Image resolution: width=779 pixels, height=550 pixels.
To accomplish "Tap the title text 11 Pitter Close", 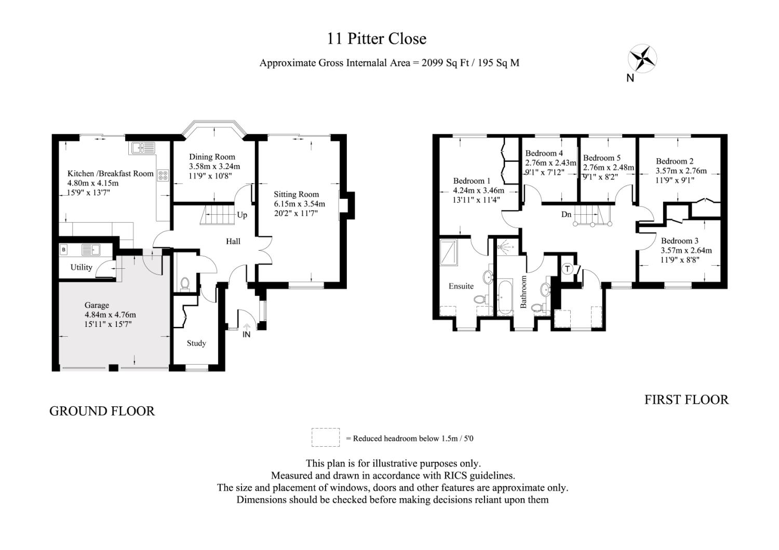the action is point(377,38).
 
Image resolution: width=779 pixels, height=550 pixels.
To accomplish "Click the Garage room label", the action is point(97,305).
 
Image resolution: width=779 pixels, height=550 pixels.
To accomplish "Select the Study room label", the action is point(196,343).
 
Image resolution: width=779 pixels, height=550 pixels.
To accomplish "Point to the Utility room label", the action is point(82,267).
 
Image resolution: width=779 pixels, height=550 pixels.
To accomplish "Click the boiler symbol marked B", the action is point(64,250).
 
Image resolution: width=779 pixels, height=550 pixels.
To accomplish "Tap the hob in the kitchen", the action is point(163,175).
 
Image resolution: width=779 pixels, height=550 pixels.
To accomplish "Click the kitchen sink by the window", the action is point(143,148).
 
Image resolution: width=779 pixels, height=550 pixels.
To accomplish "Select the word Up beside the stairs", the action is point(242,215).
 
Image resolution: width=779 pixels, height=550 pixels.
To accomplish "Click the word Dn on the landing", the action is point(566,214).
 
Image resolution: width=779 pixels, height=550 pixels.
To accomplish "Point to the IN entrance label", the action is point(247,334).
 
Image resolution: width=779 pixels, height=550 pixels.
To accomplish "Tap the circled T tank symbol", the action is point(568,269).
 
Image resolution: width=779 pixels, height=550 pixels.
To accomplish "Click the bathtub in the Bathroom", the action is point(505,297).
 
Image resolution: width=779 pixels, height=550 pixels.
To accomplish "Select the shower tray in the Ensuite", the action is point(449,252).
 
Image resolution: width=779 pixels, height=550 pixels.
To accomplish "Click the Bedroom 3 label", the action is point(679,241).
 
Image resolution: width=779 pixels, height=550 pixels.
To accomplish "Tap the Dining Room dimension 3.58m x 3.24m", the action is point(214,167).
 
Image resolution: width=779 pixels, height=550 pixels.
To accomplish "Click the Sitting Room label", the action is point(297,194).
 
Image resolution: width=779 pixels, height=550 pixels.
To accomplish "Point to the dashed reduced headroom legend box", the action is point(326,437).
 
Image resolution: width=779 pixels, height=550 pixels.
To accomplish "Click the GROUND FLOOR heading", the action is point(102,411).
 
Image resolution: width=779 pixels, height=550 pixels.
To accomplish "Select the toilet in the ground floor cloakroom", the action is point(185,283).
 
